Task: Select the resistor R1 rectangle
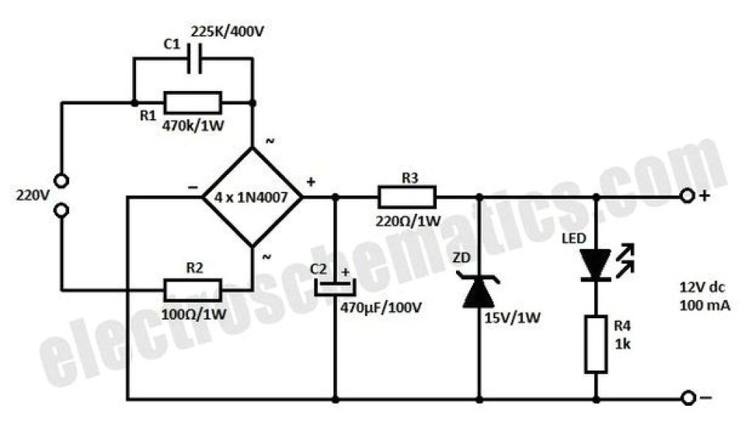pos(192,102)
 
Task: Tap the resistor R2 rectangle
pos(192,290)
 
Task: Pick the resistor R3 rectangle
pos(407,197)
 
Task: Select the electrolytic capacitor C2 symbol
pos(335,287)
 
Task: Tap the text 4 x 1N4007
pos(252,197)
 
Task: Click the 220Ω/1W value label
pos(408,220)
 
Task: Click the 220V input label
pos(31,196)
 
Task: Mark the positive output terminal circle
pos(688,196)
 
